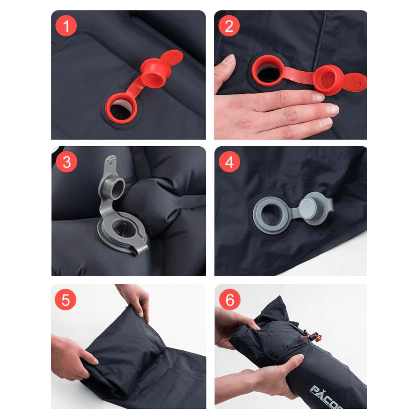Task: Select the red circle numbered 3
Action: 67,162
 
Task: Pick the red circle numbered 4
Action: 229,162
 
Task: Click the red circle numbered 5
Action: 66,300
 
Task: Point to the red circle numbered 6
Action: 230,300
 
